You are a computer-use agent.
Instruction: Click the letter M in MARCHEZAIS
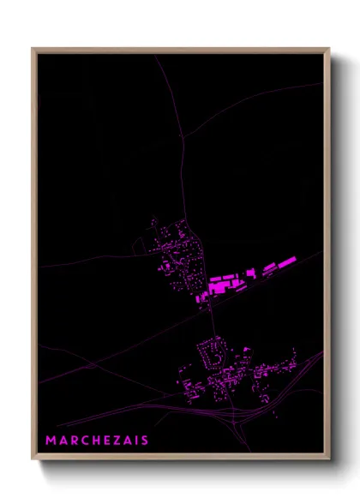click(x=51, y=441)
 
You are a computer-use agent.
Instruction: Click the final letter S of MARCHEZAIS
click(x=145, y=441)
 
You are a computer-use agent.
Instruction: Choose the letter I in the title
click(x=136, y=441)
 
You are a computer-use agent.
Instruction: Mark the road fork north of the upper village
click(x=183, y=136)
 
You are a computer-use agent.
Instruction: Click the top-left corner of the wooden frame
click(x=33, y=49)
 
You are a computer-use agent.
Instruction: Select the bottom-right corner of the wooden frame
click(x=328, y=459)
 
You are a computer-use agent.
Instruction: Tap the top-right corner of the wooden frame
click(x=328, y=49)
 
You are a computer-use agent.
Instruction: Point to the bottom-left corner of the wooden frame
click(x=33, y=459)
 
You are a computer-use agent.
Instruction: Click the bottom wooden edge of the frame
click(x=181, y=459)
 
